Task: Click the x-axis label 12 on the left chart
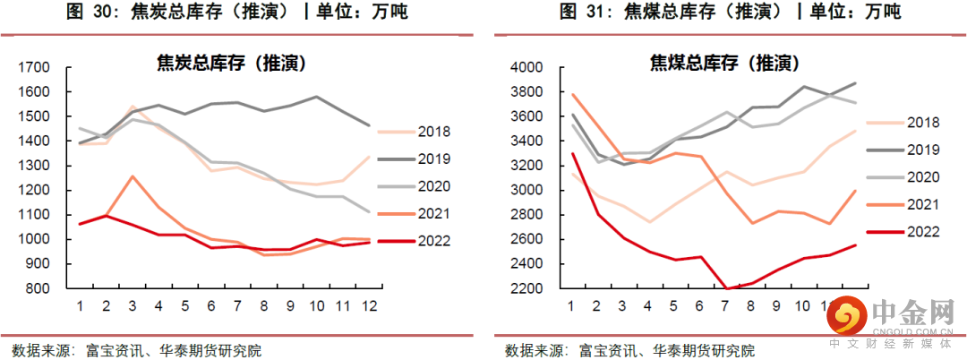368,305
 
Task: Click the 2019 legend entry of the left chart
433,159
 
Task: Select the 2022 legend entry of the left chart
433,240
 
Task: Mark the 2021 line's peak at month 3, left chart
133,176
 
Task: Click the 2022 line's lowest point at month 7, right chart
724,288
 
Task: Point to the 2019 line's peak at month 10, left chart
315,97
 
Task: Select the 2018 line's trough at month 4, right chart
647,221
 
